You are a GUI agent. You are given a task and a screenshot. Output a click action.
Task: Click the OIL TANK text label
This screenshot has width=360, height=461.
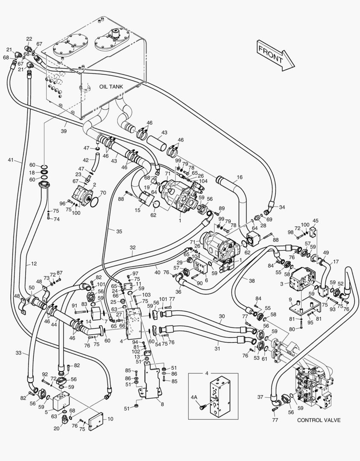(x=111, y=86)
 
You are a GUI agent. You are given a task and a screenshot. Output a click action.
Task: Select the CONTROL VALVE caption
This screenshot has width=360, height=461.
(x=319, y=420)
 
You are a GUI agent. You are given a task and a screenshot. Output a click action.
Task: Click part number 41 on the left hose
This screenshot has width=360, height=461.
(x=11, y=160)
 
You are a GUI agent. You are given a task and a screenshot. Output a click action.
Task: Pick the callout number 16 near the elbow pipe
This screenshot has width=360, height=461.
(x=239, y=177)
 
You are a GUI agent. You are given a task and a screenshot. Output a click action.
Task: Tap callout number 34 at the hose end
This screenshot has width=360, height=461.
(x=282, y=207)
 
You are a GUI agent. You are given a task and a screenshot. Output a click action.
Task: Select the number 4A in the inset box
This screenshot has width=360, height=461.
(x=194, y=397)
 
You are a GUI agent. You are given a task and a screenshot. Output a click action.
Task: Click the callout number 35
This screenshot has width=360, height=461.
(x=119, y=231)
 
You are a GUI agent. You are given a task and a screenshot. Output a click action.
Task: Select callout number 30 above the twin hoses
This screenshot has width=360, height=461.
(x=222, y=316)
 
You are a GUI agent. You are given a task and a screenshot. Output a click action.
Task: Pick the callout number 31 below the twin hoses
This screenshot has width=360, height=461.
(x=218, y=343)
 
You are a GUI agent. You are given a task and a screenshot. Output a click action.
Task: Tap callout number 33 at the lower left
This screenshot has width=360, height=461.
(x=18, y=353)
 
